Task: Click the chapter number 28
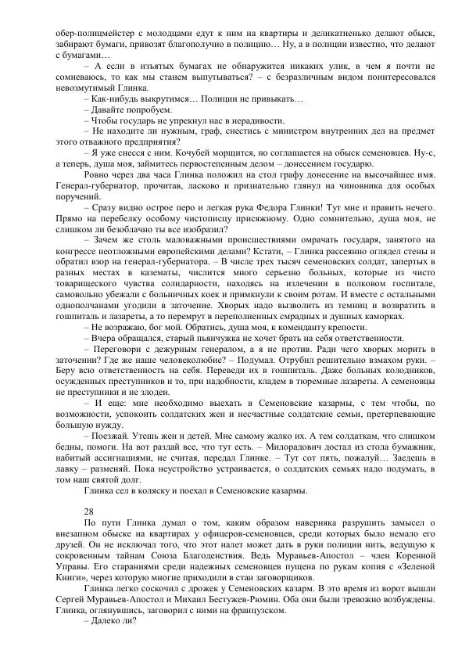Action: pos(88,509)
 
